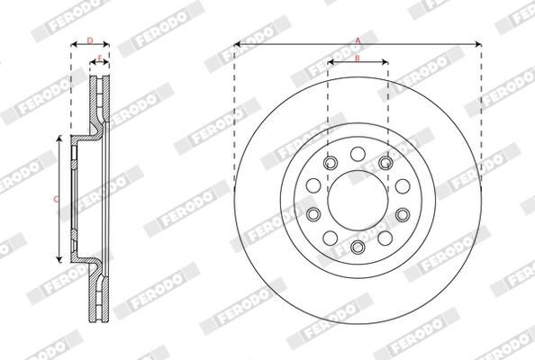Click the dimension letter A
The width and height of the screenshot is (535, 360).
(358, 40)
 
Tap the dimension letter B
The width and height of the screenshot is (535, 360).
(358, 58)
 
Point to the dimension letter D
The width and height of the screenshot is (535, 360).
(89, 40)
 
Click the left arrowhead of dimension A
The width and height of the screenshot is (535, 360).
(236, 44)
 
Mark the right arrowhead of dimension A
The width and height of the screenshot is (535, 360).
(479, 44)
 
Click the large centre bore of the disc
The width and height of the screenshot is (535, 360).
(358, 199)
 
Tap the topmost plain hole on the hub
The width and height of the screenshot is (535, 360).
(358, 151)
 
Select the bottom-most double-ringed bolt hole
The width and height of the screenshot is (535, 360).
(358, 247)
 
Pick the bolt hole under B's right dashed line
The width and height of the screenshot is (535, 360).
(385, 162)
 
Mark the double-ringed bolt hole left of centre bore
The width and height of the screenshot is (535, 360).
(313, 214)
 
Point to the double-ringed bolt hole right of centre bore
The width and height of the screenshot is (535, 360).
(403, 214)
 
